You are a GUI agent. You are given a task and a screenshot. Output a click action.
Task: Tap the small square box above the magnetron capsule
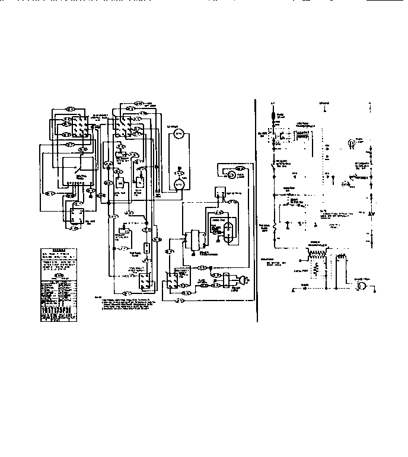click(218, 191)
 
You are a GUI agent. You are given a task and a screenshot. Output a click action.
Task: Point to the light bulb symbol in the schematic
click(350, 143)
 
